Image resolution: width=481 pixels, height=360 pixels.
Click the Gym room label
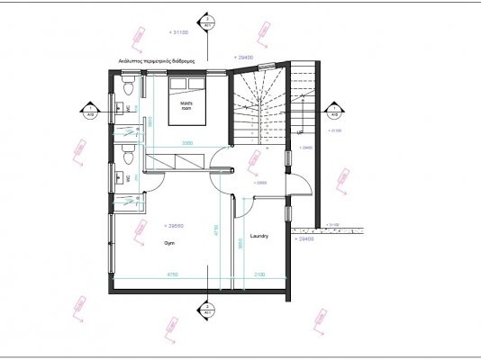pyautogui.click(x=168, y=243)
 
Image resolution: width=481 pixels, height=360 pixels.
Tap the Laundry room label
pyautogui.click(x=261, y=236)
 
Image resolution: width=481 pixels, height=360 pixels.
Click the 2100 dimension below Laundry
pyautogui.click(x=260, y=274)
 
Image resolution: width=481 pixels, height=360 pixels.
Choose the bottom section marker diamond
pyautogui.click(x=208, y=310)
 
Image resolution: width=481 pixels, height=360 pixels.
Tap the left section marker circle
pyautogui.click(x=91, y=112)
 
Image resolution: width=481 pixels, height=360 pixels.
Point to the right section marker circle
pyautogui.click(x=333, y=112)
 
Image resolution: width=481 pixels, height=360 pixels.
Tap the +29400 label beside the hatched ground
pyautogui.click(x=305, y=239)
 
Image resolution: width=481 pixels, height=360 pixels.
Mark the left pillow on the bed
pyautogui.click(x=177, y=83)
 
